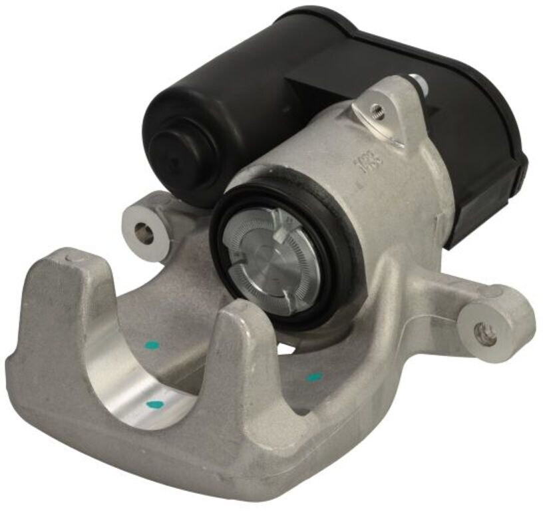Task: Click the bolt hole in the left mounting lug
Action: tap(141, 232)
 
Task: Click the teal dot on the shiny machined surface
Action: tap(155, 403)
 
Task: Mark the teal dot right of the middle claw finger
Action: tap(312, 377)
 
